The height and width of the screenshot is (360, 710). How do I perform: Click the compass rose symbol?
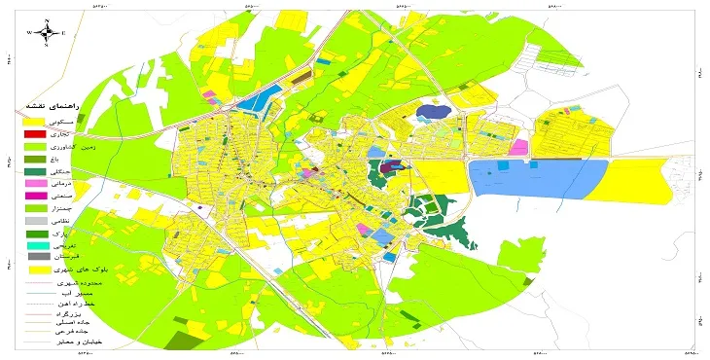click(x=46, y=31)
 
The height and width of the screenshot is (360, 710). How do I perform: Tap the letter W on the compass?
click(x=30, y=32)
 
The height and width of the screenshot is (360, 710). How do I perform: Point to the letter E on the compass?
click(x=62, y=32)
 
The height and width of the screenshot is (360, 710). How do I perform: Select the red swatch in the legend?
click(x=35, y=133)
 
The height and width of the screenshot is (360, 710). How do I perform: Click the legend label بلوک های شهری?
click(x=74, y=270)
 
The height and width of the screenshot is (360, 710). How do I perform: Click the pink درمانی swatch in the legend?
click(x=35, y=183)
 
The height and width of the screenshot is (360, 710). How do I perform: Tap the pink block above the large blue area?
click(x=518, y=148)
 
